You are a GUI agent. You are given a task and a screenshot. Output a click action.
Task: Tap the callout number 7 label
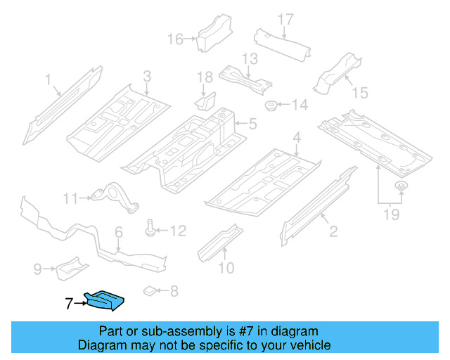point(68,304)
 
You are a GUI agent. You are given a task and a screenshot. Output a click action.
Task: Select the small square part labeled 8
point(149,290)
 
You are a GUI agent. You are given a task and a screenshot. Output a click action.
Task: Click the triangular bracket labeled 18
point(205,102)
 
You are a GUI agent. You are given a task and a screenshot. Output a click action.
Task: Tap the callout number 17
point(285,18)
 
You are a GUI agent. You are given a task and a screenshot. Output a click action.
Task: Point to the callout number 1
point(48,80)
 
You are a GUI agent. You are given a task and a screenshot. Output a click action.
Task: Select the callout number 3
point(147,75)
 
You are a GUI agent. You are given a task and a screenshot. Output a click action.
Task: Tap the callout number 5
point(252,125)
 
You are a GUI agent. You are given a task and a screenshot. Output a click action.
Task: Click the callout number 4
point(297,137)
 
